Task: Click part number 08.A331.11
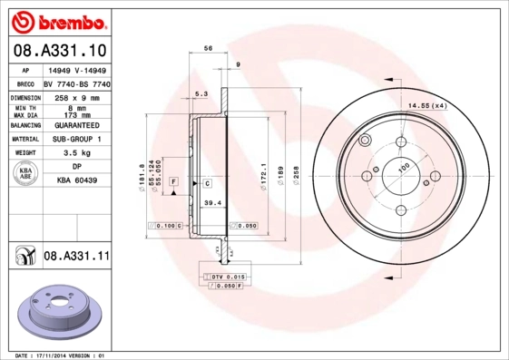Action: pyautogui.click(x=76, y=258)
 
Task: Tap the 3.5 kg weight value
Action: pyautogui.click(x=77, y=153)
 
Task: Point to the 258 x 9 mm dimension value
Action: pyautogui.click(x=77, y=96)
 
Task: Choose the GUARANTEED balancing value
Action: pyautogui.click(x=77, y=124)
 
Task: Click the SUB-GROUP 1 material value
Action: pyautogui.click(x=77, y=139)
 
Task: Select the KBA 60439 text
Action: pyautogui.click(x=77, y=181)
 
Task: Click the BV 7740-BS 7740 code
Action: pyautogui.click(x=77, y=83)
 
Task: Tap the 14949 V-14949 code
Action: pyautogui.click(x=77, y=69)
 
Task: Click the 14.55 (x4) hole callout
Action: pyautogui.click(x=427, y=107)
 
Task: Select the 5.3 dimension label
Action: pyautogui.click(x=201, y=93)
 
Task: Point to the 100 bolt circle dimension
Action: pyautogui.click(x=404, y=165)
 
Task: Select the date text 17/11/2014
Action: pyautogui.click(x=62, y=355)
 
